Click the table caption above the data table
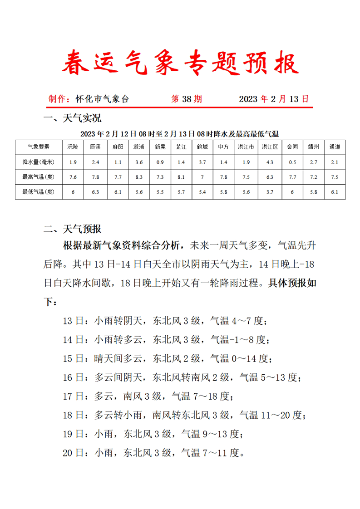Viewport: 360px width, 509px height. coord(179,134)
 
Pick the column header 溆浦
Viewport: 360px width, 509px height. coord(138,147)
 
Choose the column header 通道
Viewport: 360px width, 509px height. coord(335,147)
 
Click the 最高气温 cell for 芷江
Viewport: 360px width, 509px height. coord(182,177)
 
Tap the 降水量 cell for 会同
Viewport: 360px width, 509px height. coord(292,162)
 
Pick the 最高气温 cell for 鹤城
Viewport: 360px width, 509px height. coord(203,177)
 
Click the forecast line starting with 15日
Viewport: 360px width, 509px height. coord(167,359)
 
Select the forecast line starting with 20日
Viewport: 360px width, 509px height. coord(154,452)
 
